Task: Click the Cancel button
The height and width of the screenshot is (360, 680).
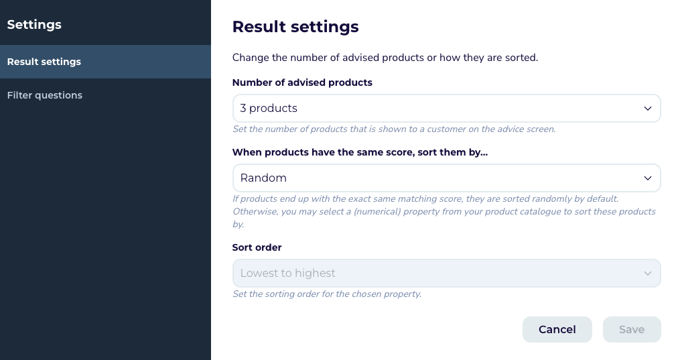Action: [x=557, y=330]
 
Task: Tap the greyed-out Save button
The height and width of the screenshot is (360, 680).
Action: [x=631, y=330]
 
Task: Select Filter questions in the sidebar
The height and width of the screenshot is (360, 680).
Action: [x=45, y=95]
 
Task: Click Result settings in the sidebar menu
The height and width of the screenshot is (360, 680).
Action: [x=44, y=62]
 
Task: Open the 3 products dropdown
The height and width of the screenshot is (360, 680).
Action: [x=446, y=109]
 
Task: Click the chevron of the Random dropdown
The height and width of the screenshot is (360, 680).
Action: [x=647, y=178]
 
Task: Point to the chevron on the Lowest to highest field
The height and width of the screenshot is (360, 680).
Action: [x=647, y=274]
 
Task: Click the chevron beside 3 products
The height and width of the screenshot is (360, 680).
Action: [x=647, y=109]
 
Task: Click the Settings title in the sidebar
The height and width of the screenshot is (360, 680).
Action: [x=34, y=25]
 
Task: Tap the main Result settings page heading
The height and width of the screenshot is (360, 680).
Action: [x=295, y=27]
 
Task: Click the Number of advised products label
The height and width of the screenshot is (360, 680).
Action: [x=302, y=82]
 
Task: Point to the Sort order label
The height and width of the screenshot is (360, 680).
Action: [x=257, y=247]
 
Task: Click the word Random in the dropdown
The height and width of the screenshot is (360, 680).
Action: [x=263, y=178]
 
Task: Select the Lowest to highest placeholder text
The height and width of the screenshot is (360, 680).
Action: [x=287, y=274]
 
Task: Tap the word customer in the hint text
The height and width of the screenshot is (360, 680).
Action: [x=452, y=129]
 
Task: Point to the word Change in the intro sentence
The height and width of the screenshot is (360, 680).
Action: [x=251, y=58]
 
